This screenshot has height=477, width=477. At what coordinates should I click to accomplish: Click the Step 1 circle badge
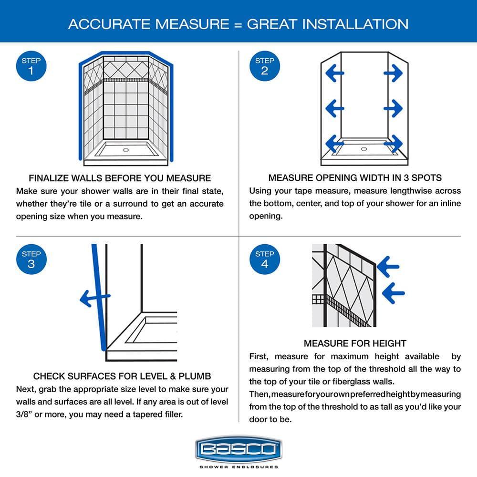[x=31, y=66]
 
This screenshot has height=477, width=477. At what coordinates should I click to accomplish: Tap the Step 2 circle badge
[x=264, y=66]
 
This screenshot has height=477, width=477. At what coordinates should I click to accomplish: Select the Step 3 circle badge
[x=31, y=259]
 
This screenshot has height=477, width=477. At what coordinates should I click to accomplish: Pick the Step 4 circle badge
[x=264, y=259]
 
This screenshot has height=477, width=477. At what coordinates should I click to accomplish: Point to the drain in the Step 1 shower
[x=126, y=150]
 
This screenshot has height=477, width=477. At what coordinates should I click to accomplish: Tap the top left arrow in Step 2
[x=334, y=73]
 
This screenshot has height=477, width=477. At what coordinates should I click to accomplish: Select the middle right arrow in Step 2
[x=393, y=109]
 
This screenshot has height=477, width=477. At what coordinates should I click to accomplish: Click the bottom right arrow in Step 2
[x=393, y=142]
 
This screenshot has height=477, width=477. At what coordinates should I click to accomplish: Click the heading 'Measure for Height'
[x=355, y=343]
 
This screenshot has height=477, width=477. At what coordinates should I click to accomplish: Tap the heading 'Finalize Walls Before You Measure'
[x=120, y=178]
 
